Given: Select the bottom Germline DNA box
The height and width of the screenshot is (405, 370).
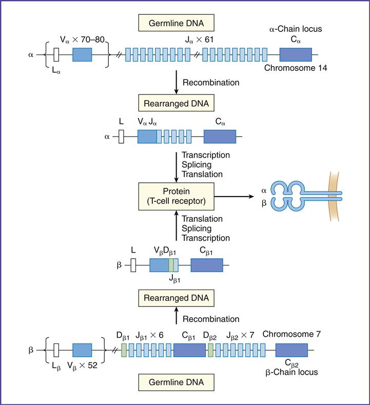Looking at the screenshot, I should tap(176, 382).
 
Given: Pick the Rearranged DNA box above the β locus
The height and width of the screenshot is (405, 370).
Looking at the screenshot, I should tap(176, 298).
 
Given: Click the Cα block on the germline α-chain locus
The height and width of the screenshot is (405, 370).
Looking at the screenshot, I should tap(295, 54).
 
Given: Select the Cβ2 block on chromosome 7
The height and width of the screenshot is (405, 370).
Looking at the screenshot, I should tap(291, 350).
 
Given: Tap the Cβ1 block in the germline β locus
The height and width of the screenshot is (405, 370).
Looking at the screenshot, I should tap(189, 350).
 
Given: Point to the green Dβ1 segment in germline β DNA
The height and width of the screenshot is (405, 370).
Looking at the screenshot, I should tap(124, 350).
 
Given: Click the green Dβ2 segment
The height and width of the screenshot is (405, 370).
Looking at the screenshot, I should tap(210, 350).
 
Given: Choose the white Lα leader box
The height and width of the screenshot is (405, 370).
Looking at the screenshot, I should tap(57, 54).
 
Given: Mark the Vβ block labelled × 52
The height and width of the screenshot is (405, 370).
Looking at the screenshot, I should tap(82, 350).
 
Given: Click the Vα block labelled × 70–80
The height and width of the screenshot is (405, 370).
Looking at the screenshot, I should tap(82, 54).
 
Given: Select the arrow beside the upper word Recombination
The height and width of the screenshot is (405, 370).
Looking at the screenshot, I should tap(177, 82).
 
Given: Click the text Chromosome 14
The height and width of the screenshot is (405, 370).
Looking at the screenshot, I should tap(296, 68).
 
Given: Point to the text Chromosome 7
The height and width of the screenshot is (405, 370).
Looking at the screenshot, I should tap(291, 334).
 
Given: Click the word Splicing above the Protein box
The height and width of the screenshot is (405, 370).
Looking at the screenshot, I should tap(197, 164).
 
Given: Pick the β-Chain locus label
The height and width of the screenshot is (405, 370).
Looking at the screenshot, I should tap(291, 372).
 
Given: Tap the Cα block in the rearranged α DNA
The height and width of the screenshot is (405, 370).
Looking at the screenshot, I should tap(220, 136).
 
